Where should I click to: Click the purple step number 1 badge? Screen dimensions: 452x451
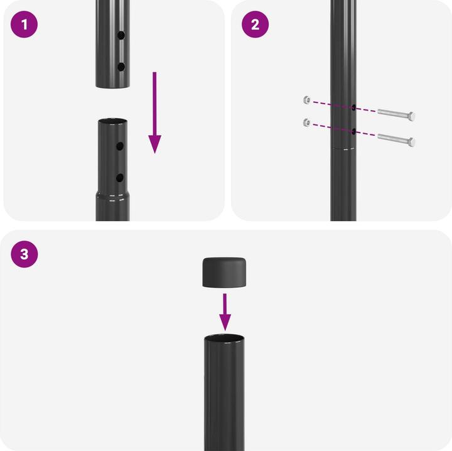click(x=24, y=24)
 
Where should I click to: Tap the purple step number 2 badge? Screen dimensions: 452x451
click(x=255, y=24)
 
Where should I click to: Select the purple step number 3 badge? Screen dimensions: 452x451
click(x=24, y=254)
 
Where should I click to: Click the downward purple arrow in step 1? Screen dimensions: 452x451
click(x=155, y=112)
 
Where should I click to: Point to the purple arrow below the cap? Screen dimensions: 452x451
click(x=225, y=312)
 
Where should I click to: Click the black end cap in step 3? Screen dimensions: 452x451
click(x=224, y=273)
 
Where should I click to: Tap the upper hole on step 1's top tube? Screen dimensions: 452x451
click(x=121, y=35)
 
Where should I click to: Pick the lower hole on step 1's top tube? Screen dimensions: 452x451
click(x=121, y=67)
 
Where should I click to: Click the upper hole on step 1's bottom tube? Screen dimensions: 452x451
click(x=120, y=146)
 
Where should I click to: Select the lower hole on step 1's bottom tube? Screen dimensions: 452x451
click(x=120, y=178)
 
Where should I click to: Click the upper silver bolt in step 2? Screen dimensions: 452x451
click(x=396, y=114)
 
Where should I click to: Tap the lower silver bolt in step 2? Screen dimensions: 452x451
click(x=396, y=140)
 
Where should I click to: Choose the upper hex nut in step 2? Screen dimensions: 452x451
click(x=307, y=100)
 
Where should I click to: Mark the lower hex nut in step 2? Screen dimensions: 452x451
click(x=307, y=123)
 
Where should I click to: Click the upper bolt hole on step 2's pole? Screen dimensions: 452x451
click(x=353, y=107)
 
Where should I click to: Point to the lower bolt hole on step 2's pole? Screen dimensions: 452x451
click(x=353, y=132)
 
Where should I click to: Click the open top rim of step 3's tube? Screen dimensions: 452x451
click(x=224, y=339)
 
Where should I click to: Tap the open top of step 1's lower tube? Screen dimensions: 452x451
click(x=112, y=121)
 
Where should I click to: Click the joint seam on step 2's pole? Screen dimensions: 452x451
click(x=343, y=149)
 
